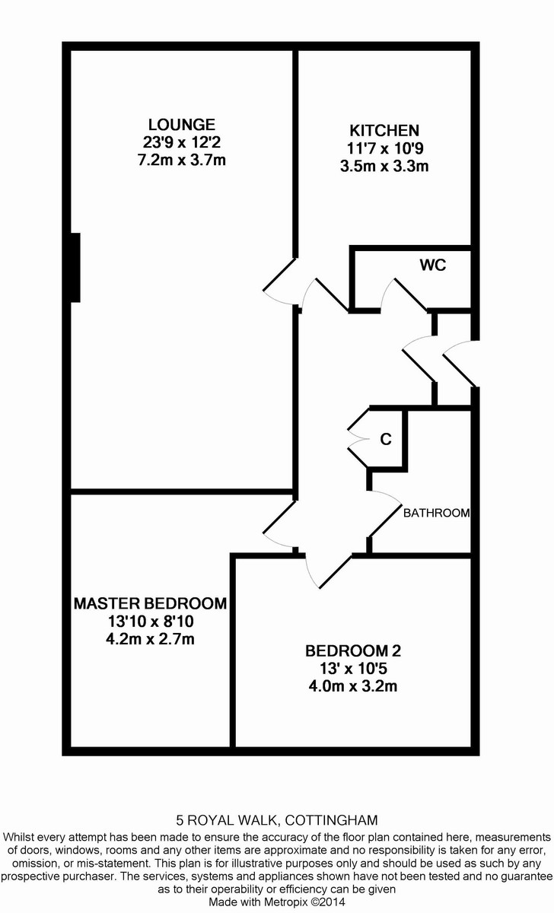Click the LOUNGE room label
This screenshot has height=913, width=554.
[x=182, y=124]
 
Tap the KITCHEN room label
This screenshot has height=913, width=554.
[x=384, y=129]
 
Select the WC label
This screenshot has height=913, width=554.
[x=432, y=266]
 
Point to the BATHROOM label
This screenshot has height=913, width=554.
[x=436, y=513]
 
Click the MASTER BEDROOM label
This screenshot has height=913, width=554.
[x=150, y=603]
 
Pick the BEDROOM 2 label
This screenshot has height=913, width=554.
[x=352, y=651]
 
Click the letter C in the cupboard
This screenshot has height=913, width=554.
[x=386, y=439]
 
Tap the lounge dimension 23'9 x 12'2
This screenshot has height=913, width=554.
[x=182, y=142]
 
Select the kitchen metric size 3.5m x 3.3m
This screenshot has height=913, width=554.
[x=384, y=165]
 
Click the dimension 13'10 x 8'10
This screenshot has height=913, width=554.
[x=150, y=622]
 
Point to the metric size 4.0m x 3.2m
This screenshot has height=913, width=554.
[x=352, y=687]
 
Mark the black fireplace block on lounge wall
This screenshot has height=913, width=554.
[x=75, y=267]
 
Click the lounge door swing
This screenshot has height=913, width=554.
[x=279, y=275]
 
